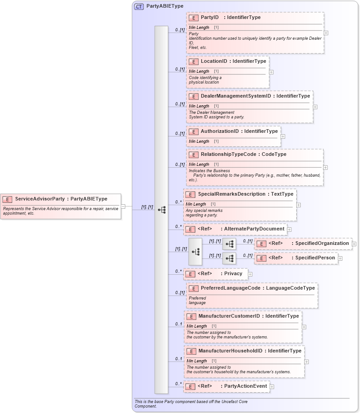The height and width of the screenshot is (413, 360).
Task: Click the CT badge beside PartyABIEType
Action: pos(139,6)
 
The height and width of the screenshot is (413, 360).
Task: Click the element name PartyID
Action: pos(210,18)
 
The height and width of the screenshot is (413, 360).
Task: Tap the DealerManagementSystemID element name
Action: pos(236,96)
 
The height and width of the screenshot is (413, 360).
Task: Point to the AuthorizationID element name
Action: pos(219,131)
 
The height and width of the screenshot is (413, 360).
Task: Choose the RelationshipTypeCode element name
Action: pos(230,154)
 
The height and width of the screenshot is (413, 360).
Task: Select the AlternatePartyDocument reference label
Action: pos(254,229)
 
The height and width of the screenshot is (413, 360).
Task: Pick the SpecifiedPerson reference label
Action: pos(315,258)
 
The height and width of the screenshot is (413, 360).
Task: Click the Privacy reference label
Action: pos(233,273)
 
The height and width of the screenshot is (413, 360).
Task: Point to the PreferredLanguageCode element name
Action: pos(230,288)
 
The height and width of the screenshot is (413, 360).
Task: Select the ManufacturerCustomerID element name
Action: pos(229,316)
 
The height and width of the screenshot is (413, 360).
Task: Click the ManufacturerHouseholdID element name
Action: pos(230,351)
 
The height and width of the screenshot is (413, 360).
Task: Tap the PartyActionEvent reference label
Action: pos(246,386)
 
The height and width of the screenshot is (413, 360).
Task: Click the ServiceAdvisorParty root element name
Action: pos(40,199)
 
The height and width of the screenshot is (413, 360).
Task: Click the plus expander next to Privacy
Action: pos(250,274)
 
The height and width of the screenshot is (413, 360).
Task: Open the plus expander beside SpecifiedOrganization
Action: pos(354,244)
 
